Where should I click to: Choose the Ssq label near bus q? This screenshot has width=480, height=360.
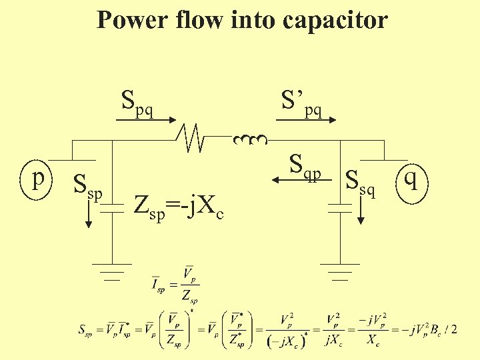pyautogui.click(x=361, y=182)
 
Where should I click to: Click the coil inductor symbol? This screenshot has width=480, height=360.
pyautogui.click(x=250, y=140)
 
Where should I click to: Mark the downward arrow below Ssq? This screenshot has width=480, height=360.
pyautogui.click(x=361, y=211)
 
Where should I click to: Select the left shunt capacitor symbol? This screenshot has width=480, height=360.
pyautogui.click(x=112, y=209)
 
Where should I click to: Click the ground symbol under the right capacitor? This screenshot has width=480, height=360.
pyautogui.click(x=340, y=271)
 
